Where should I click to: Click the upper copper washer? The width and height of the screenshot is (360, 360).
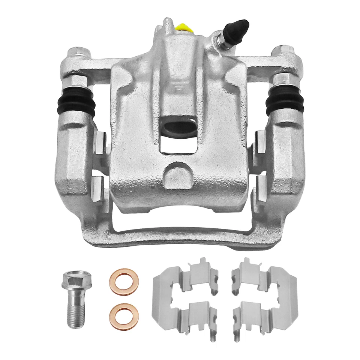coord(124,282)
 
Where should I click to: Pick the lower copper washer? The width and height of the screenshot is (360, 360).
coord(124,316)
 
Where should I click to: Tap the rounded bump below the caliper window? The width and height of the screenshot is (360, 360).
coord(178,175)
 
